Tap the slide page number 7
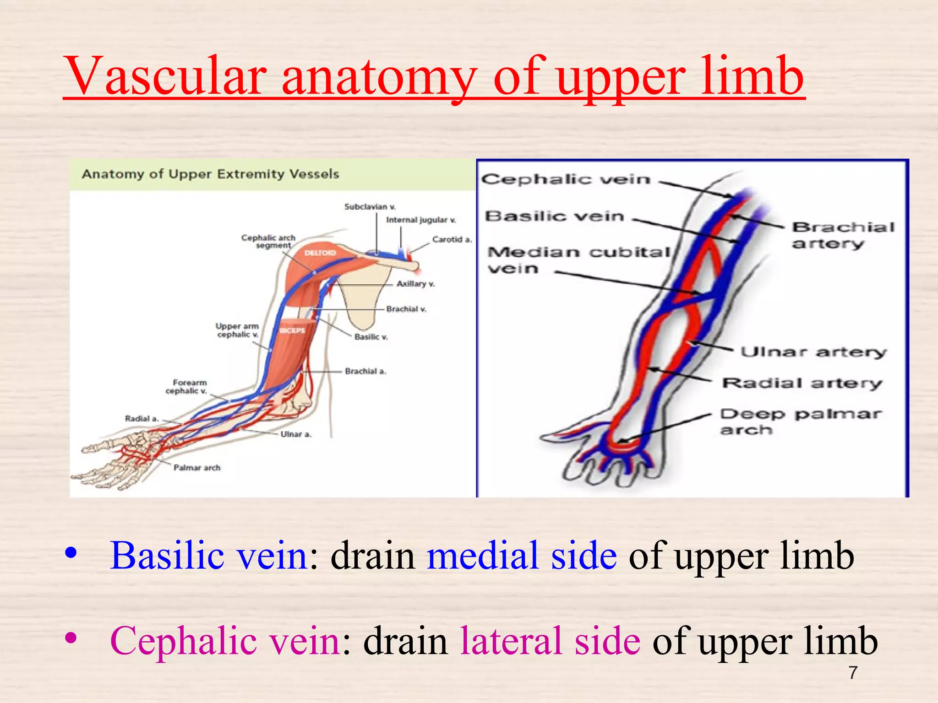(852, 672)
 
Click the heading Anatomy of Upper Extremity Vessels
(210, 174)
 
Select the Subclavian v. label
(370, 207)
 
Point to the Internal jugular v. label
(421, 220)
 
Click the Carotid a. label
(452, 239)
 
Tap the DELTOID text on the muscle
(320, 253)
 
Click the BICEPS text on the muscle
(292, 330)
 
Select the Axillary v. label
(415, 284)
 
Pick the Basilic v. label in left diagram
(371, 337)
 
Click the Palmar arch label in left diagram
(197, 468)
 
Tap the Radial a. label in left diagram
(142, 418)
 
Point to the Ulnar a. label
(296, 434)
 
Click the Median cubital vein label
(578, 260)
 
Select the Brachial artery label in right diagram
(843, 235)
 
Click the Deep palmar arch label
(800, 422)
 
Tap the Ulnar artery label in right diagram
(813, 352)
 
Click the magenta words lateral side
(550, 641)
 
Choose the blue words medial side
(522, 555)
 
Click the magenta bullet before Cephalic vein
(71, 637)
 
